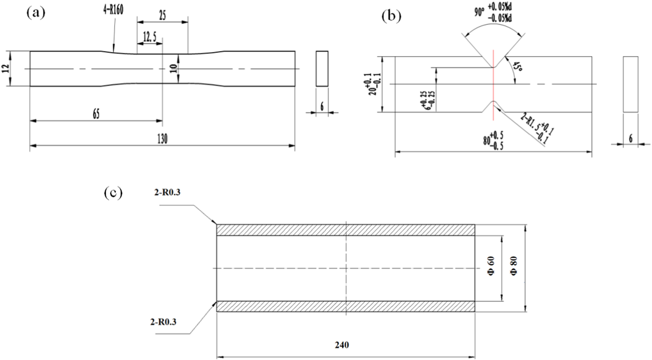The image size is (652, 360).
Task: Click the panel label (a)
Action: [36, 13]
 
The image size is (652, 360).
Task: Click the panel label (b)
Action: [391, 16]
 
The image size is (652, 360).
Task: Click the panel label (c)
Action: [113, 193]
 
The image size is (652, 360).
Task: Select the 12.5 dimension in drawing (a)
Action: [149, 37]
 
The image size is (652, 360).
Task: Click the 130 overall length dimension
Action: [162, 139]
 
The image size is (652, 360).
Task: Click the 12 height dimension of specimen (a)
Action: [5, 69]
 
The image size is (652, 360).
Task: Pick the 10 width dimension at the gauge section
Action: [174, 69]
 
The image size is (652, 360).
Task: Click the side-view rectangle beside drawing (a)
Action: [322, 69]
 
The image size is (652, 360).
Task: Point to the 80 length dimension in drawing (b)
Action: [493, 141]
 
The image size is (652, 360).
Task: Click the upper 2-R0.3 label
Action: [167, 193]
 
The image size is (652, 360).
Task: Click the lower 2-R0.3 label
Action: [163, 322]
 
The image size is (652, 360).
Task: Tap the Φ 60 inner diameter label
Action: [491, 268]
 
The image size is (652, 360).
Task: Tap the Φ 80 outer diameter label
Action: [514, 268]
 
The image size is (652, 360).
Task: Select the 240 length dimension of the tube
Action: [342, 345]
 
